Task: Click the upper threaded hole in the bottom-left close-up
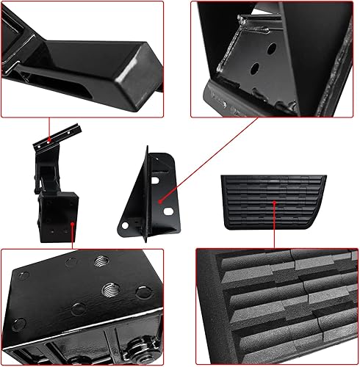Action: (x=101, y=261)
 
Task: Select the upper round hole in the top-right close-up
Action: (x=273, y=48)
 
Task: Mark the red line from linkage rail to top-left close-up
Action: (x=49, y=126)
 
